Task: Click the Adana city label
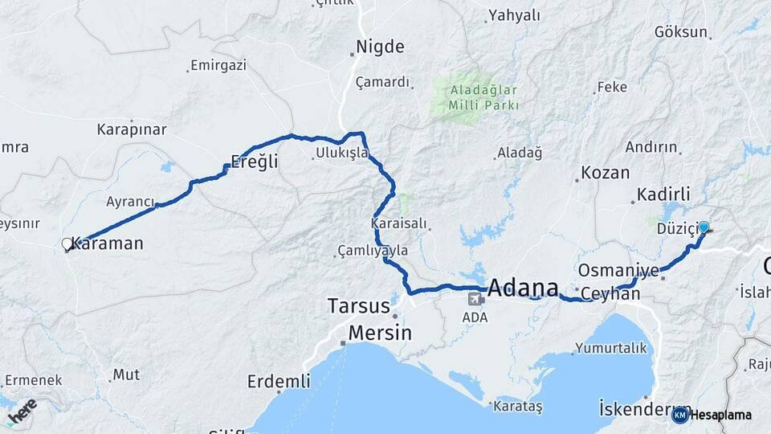click(523, 287)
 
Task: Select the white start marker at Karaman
click(67, 244)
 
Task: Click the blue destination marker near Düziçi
click(704, 227)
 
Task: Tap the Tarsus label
click(358, 306)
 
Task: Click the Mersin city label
click(380, 333)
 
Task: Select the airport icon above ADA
click(475, 299)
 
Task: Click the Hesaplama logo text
click(720, 416)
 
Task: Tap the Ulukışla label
click(342, 152)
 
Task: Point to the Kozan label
click(606, 173)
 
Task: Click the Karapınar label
click(132, 129)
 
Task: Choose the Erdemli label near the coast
click(278, 382)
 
